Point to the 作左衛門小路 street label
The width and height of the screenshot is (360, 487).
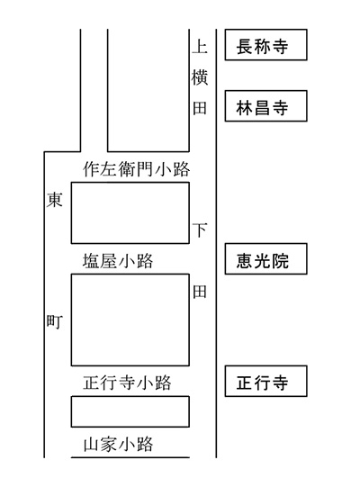(137, 169)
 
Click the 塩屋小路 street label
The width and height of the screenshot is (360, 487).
(118, 261)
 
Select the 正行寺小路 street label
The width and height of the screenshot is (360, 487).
(127, 383)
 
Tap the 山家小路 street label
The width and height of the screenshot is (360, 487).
(118, 444)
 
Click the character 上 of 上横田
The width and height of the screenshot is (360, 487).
(200, 47)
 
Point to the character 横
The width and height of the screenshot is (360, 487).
(200, 77)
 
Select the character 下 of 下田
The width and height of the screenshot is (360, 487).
(200, 230)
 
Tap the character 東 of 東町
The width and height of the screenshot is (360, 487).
(54, 200)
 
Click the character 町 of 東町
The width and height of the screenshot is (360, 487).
(54, 321)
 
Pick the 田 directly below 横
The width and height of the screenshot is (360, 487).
(200, 108)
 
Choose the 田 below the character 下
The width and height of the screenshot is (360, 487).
(200, 292)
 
